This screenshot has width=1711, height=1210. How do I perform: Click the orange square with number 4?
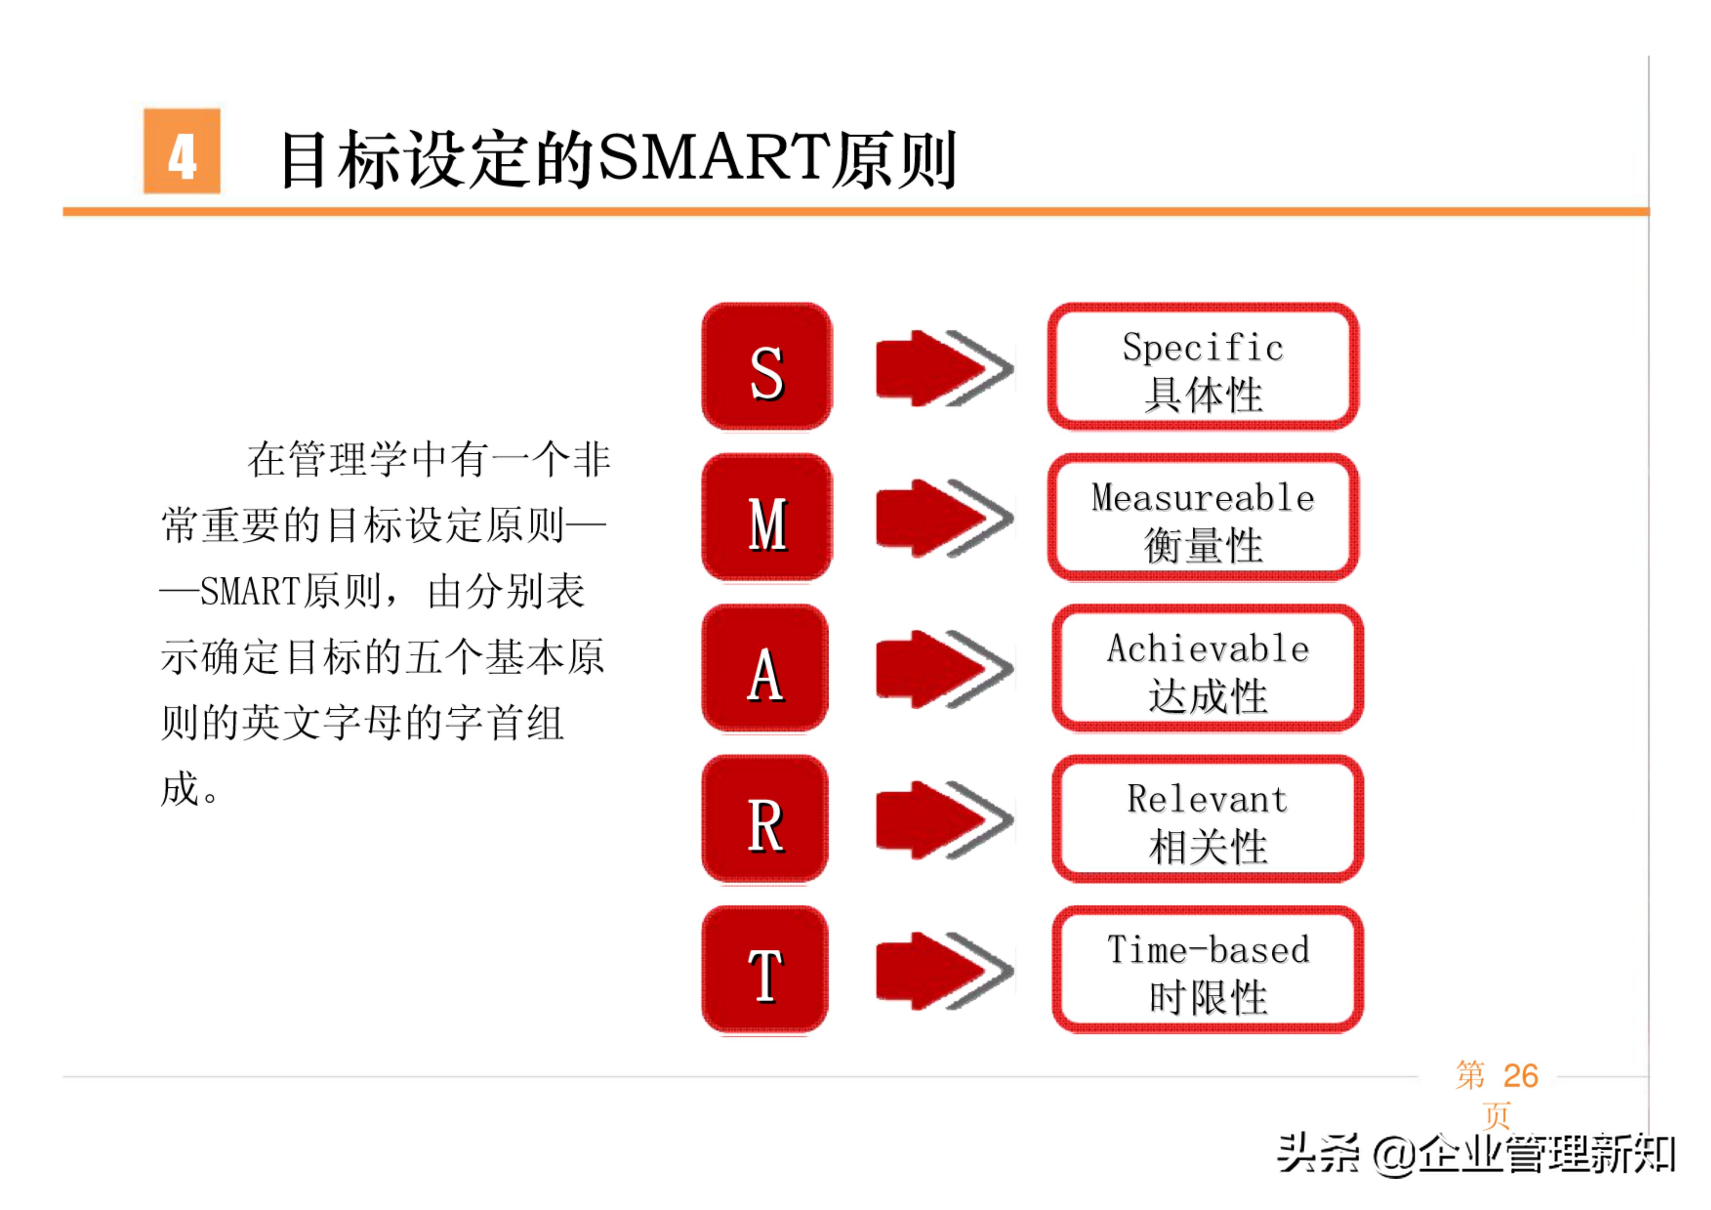182,151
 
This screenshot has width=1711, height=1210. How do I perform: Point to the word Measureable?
1203,498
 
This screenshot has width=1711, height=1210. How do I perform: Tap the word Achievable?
1208,649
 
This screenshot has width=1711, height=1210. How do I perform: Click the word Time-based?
1208,950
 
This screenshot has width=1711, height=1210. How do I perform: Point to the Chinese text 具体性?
1203,395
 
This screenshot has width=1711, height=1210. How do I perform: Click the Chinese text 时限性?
1208,998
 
